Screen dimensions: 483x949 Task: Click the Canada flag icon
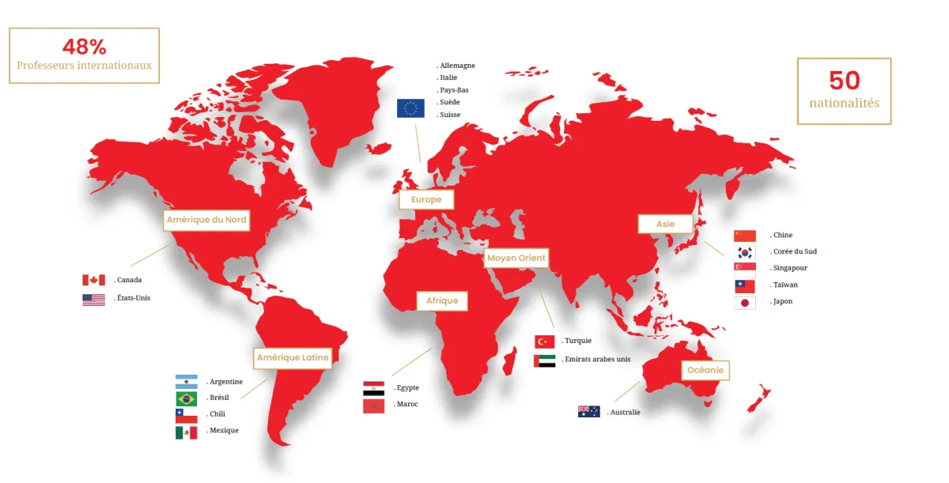(93, 280)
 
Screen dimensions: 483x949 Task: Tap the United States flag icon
(93, 300)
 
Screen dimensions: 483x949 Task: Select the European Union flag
(410, 108)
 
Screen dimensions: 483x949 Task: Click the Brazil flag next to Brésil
(187, 398)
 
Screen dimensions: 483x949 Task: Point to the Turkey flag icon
(545, 341)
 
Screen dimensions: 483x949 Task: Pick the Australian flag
(589, 412)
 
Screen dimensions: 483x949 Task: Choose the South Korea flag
(745, 252)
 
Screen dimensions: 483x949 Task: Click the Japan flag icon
(745, 302)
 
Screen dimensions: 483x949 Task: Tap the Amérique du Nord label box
(206, 220)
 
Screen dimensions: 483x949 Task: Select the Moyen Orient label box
(516, 258)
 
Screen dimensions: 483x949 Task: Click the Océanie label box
(705, 370)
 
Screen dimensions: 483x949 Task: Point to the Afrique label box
(443, 301)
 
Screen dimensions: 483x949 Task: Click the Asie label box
(665, 225)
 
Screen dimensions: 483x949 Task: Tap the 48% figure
(84, 47)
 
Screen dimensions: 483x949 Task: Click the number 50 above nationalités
(844, 80)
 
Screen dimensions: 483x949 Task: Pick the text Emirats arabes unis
(597, 359)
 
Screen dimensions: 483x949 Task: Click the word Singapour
(791, 268)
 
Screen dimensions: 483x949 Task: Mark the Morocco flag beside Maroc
(373, 406)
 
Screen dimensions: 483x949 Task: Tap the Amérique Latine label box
(293, 358)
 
